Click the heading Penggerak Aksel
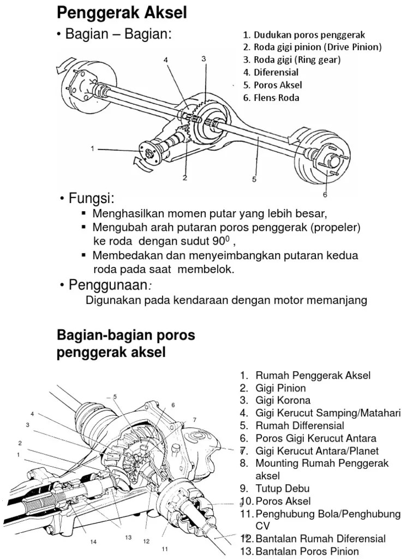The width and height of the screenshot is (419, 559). pyautogui.click(x=122, y=13)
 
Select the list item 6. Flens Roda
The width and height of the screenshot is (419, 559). pyautogui.click(x=271, y=98)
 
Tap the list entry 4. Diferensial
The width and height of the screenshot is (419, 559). pyautogui.click(x=271, y=72)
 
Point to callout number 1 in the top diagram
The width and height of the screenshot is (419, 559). pyautogui.click(x=93, y=148)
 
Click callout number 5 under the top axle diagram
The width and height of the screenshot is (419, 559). pyautogui.click(x=254, y=179)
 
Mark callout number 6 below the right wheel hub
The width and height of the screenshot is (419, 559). pyautogui.click(x=325, y=194)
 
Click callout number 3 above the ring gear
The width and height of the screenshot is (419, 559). pyautogui.click(x=203, y=58)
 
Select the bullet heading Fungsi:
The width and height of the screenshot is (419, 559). pyautogui.click(x=91, y=198)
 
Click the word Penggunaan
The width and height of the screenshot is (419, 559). pyautogui.click(x=108, y=284)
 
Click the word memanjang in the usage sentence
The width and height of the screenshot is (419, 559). pyautogui.click(x=338, y=300)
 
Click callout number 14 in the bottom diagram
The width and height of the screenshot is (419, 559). pyautogui.click(x=93, y=542)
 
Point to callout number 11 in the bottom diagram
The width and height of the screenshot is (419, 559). pyautogui.click(x=164, y=549)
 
